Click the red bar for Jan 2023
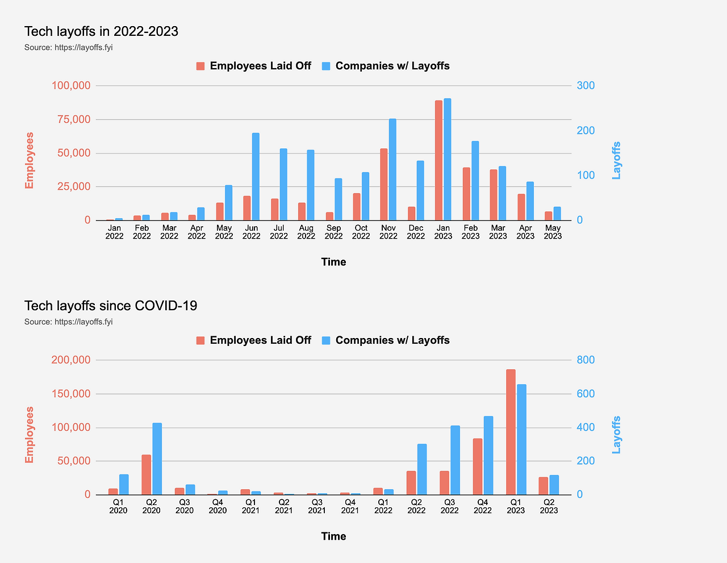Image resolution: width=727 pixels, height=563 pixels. [x=438, y=160]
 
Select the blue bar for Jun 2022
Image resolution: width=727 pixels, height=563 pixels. [x=256, y=177]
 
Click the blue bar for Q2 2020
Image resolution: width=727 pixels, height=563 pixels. [x=157, y=458]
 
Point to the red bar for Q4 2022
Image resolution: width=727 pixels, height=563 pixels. [x=478, y=466]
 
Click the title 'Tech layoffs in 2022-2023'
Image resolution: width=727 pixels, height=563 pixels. [x=101, y=31]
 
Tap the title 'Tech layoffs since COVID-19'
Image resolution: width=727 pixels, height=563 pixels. [x=111, y=306]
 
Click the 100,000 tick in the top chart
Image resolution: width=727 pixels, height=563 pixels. [x=71, y=86]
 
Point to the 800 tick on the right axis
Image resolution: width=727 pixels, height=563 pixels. [x=586, y=360]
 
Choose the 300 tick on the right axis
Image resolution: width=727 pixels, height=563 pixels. [x=586, y=86]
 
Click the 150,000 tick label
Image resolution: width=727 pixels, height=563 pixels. [x=71, y=394]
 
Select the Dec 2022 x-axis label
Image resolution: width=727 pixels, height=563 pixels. [x=416, y=232]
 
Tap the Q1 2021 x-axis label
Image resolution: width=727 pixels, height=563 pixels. [x=250, y=506]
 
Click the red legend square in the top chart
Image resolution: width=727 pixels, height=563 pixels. [x=200, y=66]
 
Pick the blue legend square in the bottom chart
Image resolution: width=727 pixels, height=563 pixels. [x=326, y=340]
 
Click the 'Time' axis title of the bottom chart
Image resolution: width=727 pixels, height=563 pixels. [x=333, y=536]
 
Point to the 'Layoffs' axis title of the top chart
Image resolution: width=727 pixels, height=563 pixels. [x=616, y=161]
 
